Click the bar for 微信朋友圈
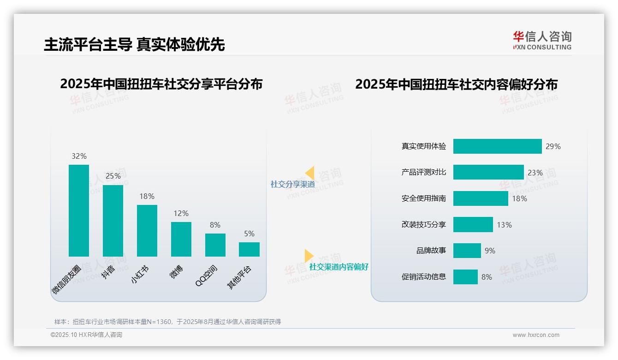[79, 210]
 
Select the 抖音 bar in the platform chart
[113, 221]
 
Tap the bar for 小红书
[147, 230]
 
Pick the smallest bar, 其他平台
[249, 249]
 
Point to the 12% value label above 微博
[181, 213]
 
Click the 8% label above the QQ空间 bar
[215, 225]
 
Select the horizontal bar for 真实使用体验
[497, 146]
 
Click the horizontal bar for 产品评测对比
[488, 172]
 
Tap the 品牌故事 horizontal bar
[467, 251]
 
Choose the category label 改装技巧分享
[424, 225]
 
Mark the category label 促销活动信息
[424, 277]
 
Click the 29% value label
[553, 146]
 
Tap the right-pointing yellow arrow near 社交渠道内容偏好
[309, 256]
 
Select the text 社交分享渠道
[292, 185]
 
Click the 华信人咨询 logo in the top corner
[542, 40]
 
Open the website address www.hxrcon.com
[536, 335]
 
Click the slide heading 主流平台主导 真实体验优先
[134, 45]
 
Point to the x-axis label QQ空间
[207, 276]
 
